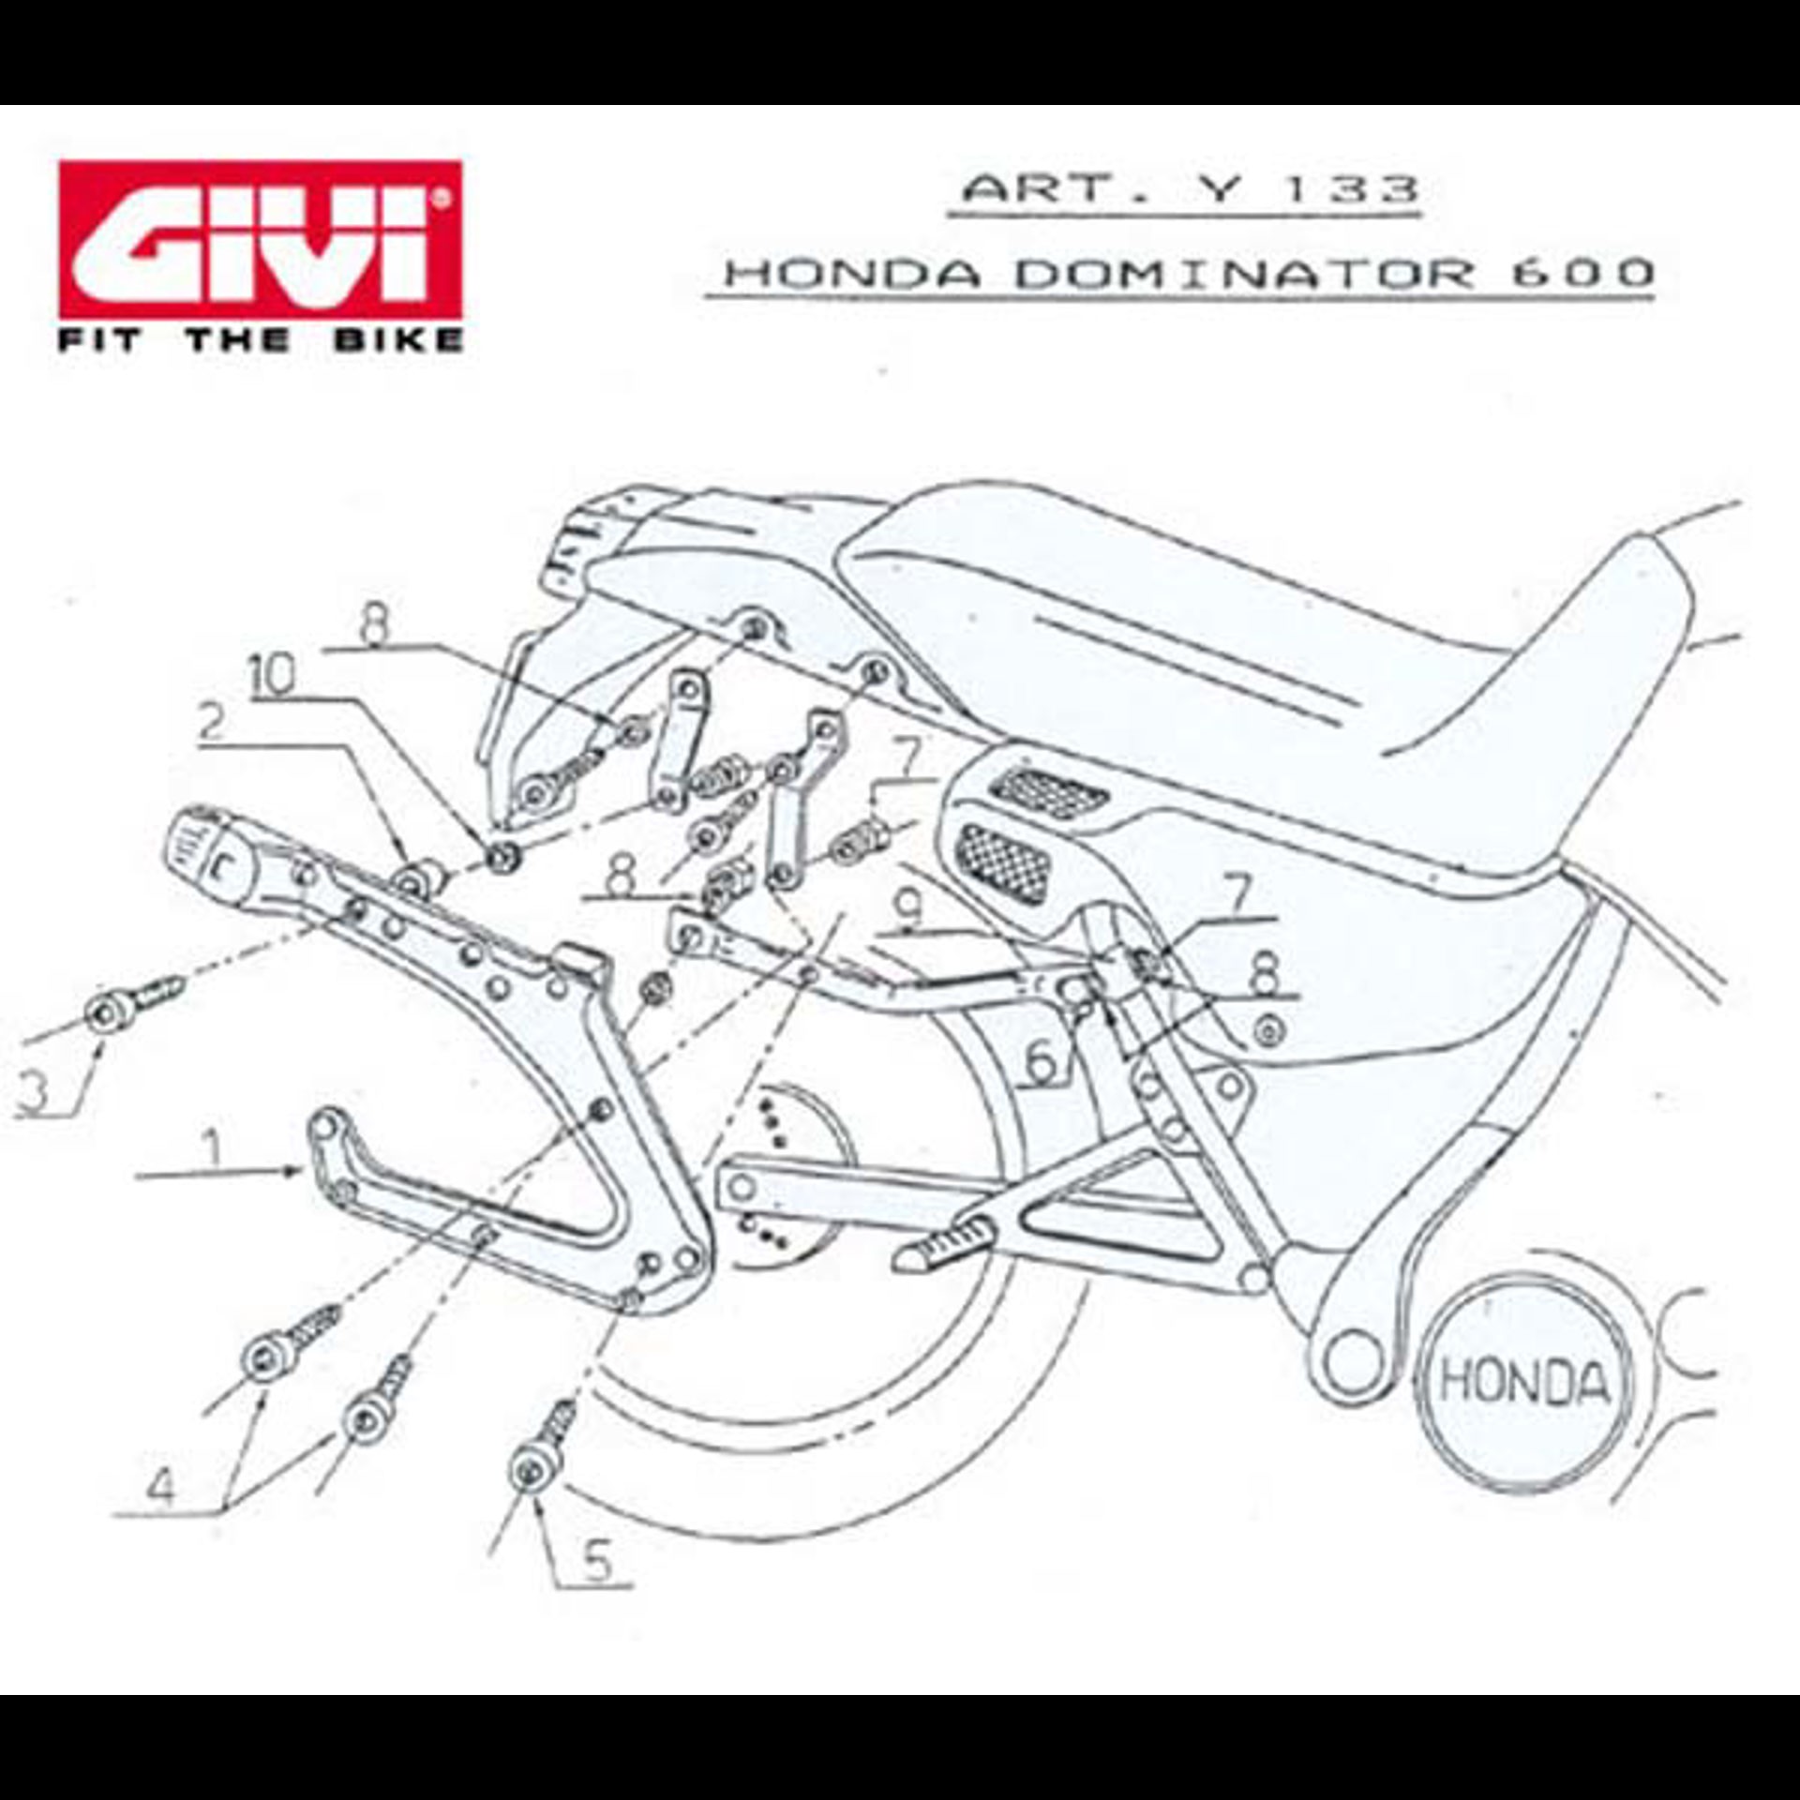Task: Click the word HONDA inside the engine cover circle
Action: click(1523, 1383)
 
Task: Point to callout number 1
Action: click(214, 1147)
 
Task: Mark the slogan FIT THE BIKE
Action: click(261, 338)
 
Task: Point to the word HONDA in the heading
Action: click(853, 274)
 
